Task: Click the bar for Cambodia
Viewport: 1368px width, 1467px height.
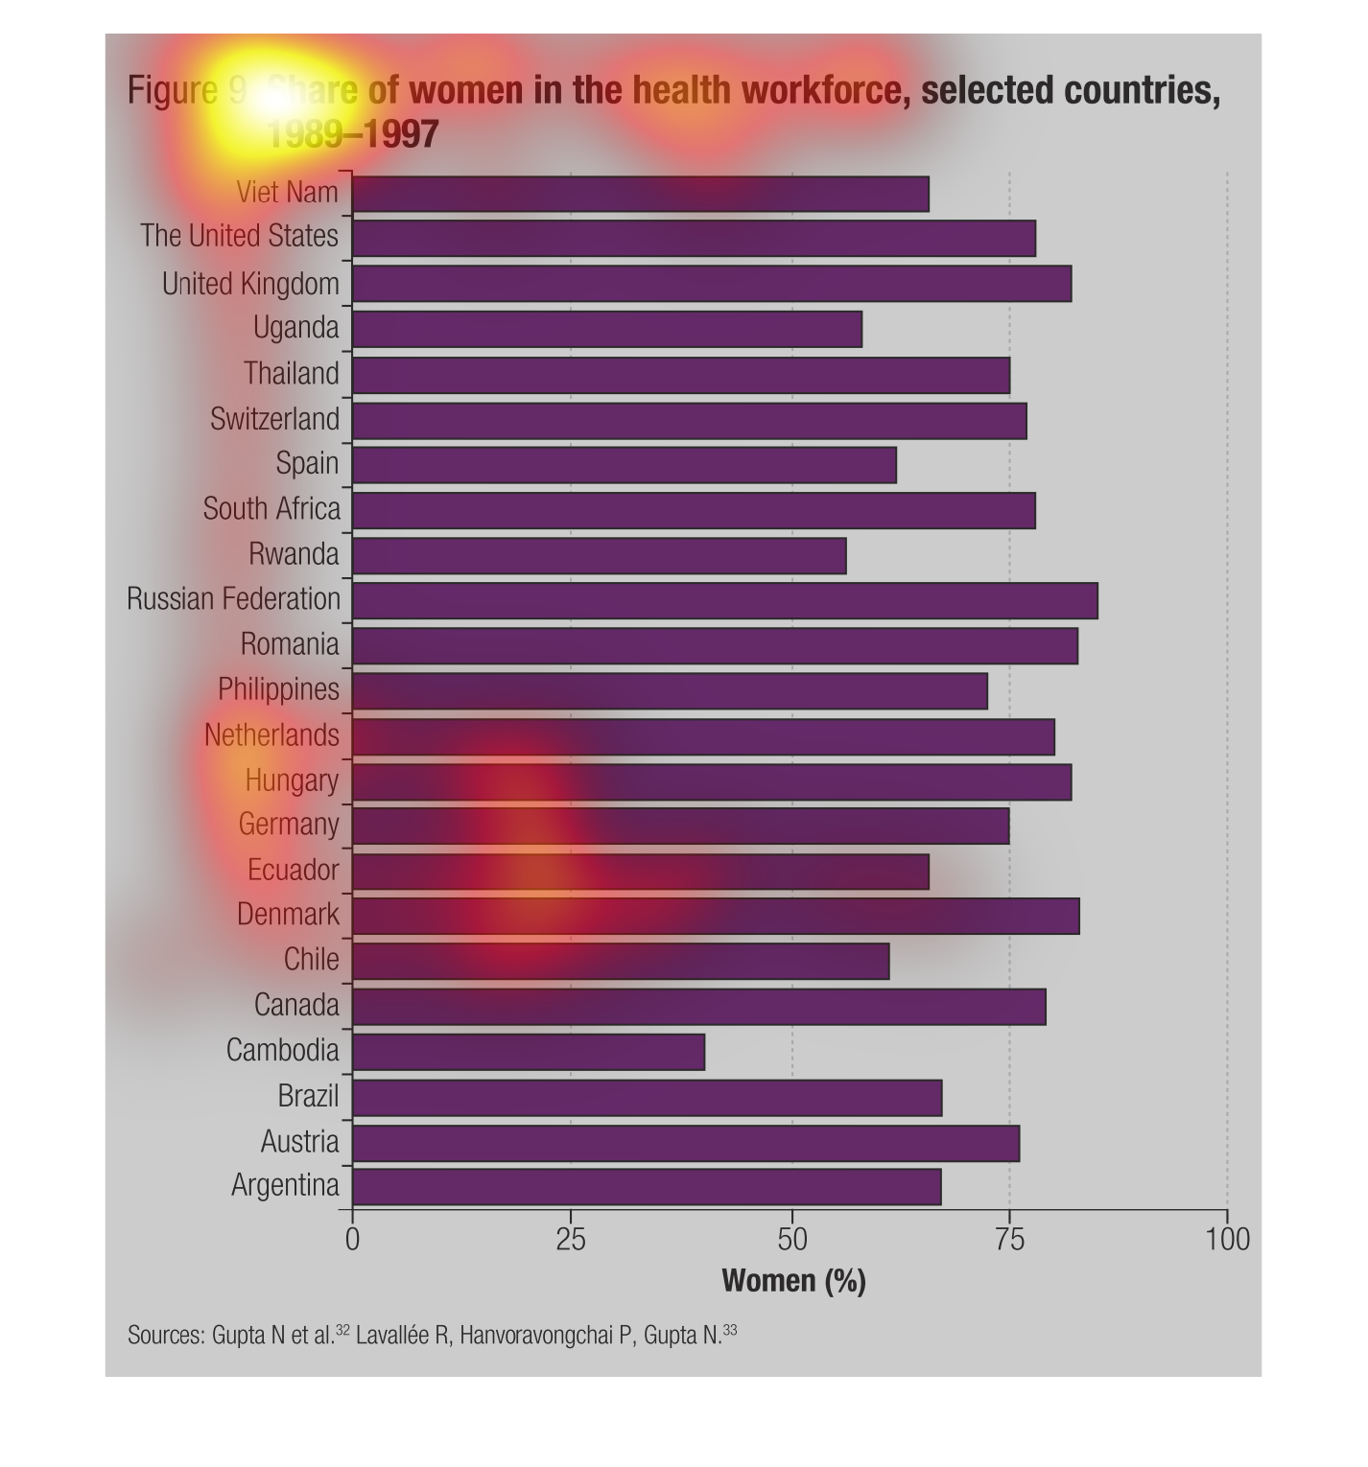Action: coord(529,1052)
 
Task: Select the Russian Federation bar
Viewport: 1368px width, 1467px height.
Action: coord(725,600)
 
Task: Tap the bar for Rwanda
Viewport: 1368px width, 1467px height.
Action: coord(600,555)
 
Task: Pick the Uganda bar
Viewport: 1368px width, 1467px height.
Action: coord(607,329)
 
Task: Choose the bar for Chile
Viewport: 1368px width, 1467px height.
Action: coord(621,961)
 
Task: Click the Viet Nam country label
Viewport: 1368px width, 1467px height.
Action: coord(287,193)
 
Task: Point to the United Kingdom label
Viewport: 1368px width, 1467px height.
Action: coord(250,284)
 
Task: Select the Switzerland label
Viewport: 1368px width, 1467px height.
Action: coord(274,419)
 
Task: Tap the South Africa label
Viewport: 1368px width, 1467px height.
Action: coord(271,508)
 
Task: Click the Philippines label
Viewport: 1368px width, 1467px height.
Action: coord(278,689)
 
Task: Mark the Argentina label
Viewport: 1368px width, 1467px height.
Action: coord(285,1186)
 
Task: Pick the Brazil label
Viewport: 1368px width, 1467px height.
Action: coord(308,1095)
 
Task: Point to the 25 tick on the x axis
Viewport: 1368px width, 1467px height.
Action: coord(571,1240)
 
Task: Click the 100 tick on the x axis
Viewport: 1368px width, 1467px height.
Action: coord(1228,1240)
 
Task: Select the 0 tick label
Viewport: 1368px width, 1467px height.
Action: coord(352,1240)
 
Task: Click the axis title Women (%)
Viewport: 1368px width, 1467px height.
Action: coord(793,1281)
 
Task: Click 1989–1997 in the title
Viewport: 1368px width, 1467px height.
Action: coord(351,134)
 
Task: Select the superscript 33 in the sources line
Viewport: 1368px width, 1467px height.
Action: coord(731,1330)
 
